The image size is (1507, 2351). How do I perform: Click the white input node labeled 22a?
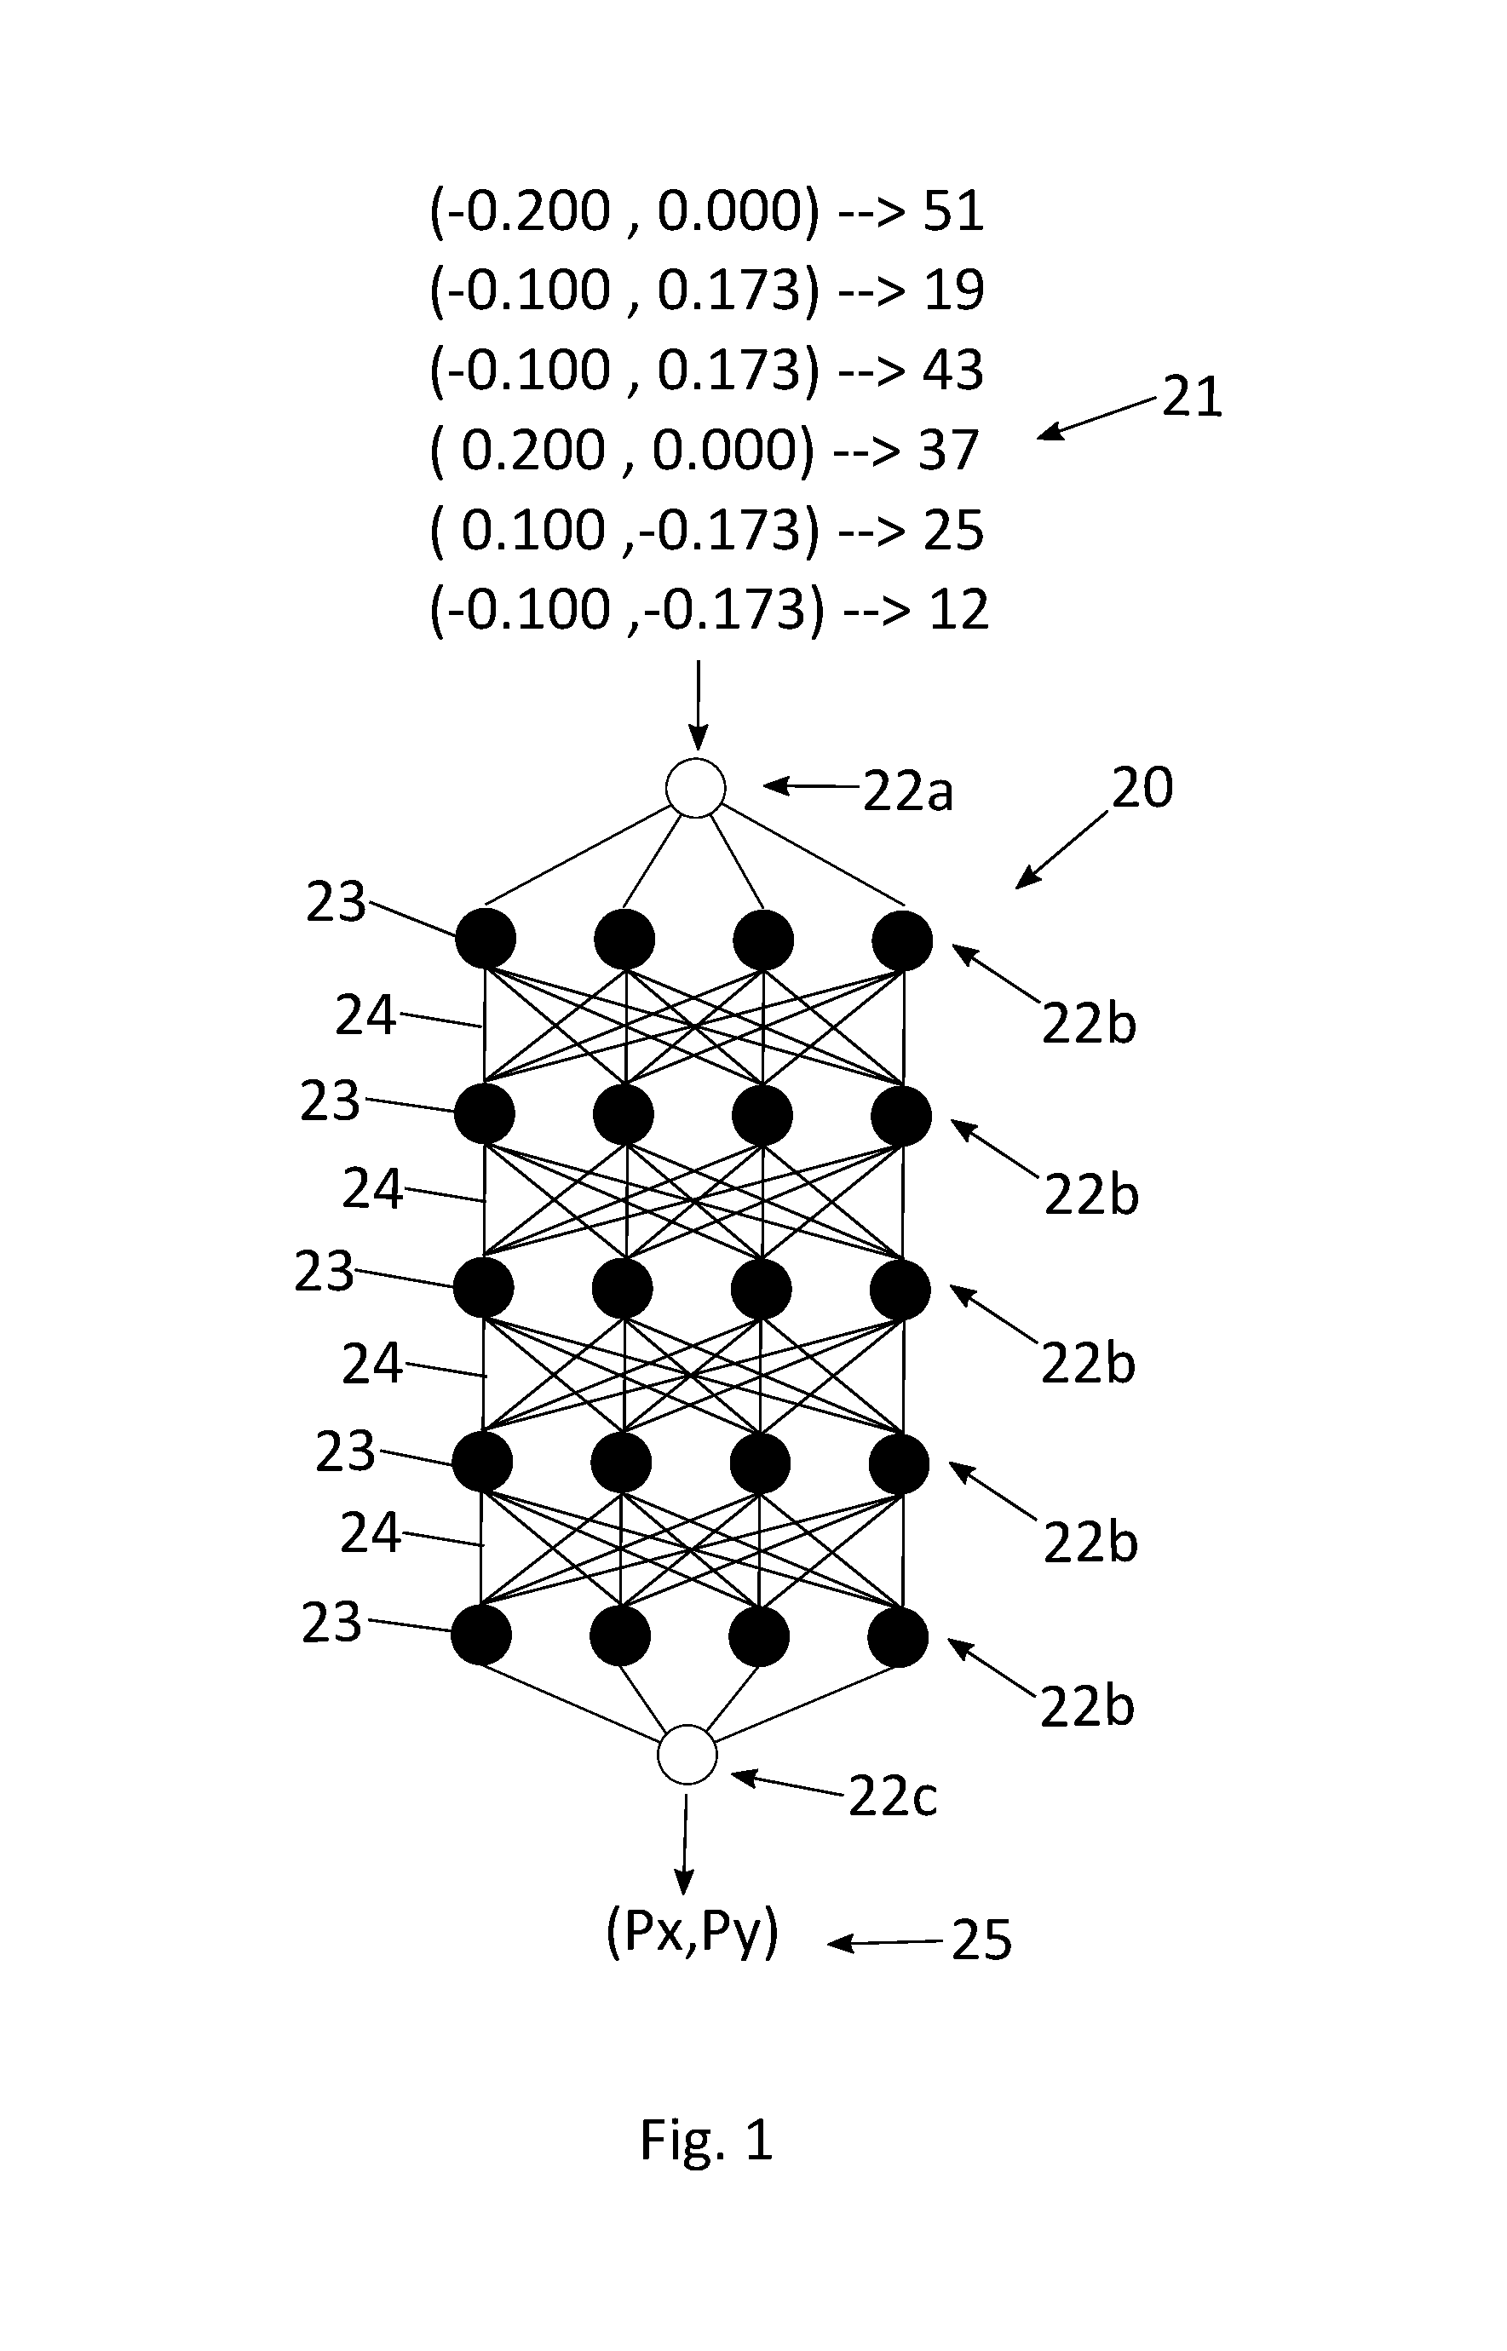[x=696, y=788]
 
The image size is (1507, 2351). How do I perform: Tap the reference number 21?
[x=1192, y=397]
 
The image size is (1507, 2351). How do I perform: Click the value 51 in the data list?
[x=953, y=211]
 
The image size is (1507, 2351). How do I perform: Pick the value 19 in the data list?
[x=953, y=290]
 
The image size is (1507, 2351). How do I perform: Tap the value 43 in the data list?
[x=953, y=371]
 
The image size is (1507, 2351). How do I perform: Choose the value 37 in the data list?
[x=948, y=451]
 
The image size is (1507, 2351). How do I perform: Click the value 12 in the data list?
[x=959, y=611]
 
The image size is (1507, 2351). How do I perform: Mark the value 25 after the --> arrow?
[x=953, y=532]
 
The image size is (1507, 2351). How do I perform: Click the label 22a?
[x=907, y=791]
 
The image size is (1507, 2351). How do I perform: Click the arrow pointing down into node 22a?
[x=698, y=706]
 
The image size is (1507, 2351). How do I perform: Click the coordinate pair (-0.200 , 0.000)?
[x=624, y=211]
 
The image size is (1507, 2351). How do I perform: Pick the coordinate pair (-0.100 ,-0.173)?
[x=627, y=611]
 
